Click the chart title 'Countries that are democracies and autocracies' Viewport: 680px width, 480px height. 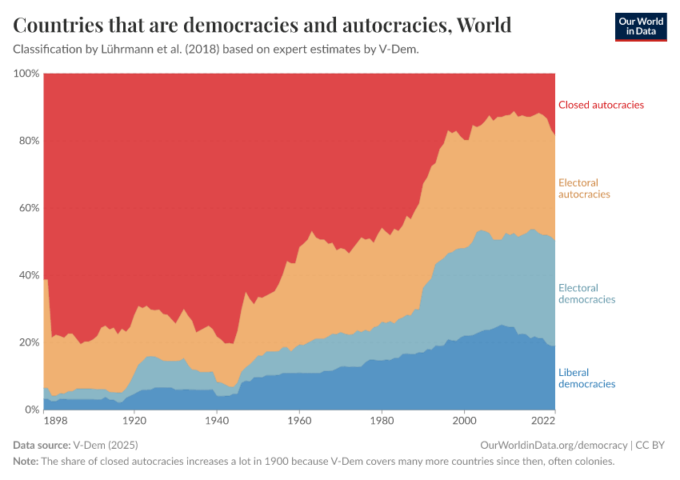pos(262,26)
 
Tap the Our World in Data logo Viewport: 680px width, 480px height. pos(640,26)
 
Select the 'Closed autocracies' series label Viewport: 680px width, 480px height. pos(601,105)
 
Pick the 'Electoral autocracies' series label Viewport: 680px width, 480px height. pos(584,189)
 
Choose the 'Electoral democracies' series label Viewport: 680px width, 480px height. pos(586,294)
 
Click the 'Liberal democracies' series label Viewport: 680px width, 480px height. pos(586,378)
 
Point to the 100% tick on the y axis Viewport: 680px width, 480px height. pos(26,74)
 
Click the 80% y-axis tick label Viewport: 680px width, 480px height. pos(28,141)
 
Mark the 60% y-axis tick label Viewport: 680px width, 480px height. pos(28,208)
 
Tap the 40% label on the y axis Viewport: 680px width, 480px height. pos(28,275)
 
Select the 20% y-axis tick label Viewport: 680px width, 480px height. pos(28,342)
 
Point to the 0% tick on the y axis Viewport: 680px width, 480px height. pos(31,410)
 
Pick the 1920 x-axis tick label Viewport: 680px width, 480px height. pos(134,420)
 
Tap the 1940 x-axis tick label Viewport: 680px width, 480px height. pos(216,420)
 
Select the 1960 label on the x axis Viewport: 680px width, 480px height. pos(299,420)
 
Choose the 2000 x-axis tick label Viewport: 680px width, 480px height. pos(464,420)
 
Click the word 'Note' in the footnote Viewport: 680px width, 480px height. pos(25,462)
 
